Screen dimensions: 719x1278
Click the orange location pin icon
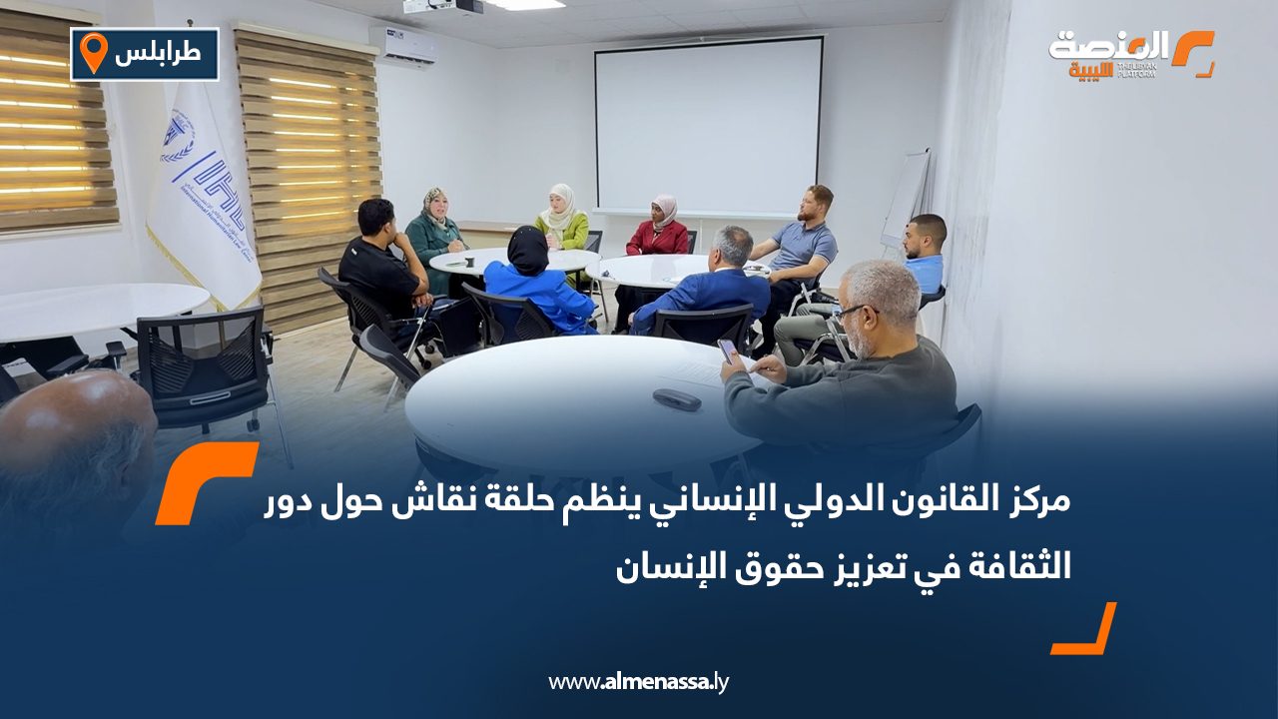(x=93, y=53)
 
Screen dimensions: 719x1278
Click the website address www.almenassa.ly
(x=639, y=682)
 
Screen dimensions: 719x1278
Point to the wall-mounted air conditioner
(x=402, y=46)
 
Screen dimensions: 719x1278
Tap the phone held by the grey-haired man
(x=728, y=349)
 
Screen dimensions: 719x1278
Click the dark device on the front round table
(x=677, y=398)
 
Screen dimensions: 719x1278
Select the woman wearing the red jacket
(x=658, y=231)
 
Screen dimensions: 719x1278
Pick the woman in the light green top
(x=561, y=220)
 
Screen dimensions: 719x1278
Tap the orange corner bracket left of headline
(x=205, y=482)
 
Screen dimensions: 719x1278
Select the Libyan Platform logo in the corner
(x=1131, y=54)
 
